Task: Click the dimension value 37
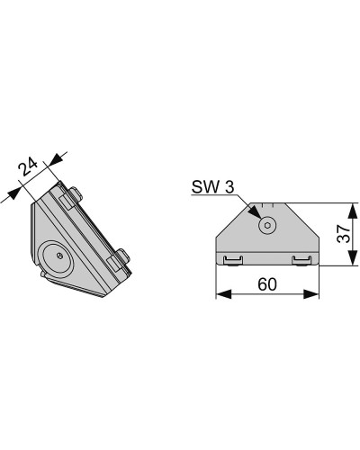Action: (344, 234)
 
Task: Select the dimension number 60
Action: (267, 283)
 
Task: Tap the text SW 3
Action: (212, 187)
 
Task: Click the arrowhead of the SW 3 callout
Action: (255, 212)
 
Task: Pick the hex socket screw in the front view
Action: (267, 225)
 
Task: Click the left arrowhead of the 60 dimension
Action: (224, 294)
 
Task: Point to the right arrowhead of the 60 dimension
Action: (311, 294)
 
